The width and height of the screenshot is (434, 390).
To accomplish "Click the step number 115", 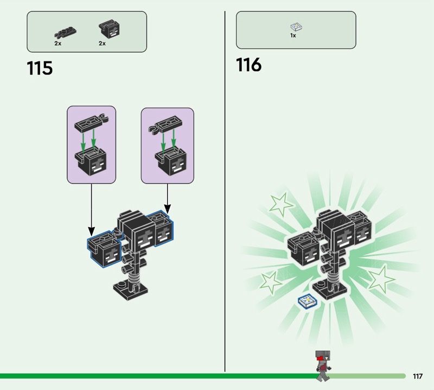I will point(40,69).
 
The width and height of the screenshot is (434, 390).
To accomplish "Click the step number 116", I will point(248,65).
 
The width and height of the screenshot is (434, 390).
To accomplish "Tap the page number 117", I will point(417,376).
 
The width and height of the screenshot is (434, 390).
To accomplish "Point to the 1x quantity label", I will point(293,36).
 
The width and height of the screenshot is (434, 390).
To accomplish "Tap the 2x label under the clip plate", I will point(58,43).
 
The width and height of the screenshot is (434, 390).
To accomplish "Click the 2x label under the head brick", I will point(102,43).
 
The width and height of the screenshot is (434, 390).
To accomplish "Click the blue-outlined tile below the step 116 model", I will point(307,301).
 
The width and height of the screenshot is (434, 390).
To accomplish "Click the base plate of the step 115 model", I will point(130,291).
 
